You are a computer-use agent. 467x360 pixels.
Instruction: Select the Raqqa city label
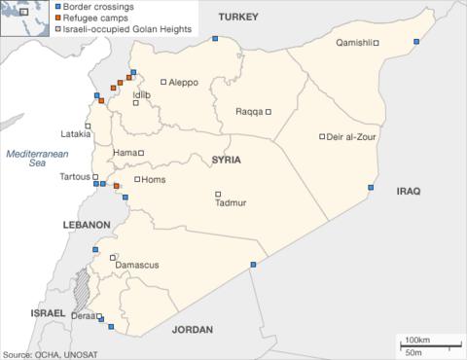[250, 111]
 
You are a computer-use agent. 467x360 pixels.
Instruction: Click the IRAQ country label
[408, 192]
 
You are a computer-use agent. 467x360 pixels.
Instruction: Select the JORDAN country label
[191, 330]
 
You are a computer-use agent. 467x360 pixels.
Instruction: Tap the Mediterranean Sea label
[35, 159]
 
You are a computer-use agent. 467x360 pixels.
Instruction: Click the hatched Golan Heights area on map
[85, 289]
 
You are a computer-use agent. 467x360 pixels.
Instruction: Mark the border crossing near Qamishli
[415, 41]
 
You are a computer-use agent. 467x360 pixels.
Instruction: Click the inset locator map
[24, 18]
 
